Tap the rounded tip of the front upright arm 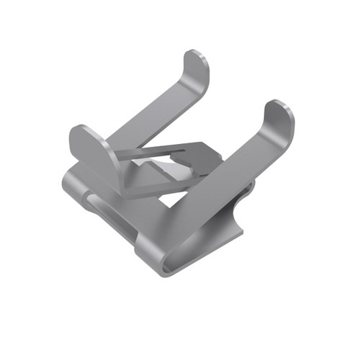[x=279, y=115]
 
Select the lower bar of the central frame [x=155, y=189]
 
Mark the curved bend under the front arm [x=230, y=230]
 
